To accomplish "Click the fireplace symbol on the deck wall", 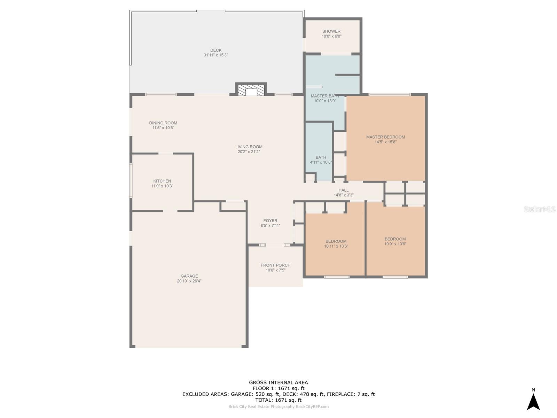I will point(251,90).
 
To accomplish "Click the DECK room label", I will point(216,50).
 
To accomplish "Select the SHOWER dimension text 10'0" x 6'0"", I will point(331,36).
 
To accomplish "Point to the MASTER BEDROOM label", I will point(385,137).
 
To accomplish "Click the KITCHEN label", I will point(162,181).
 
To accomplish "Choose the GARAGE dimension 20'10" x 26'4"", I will point(189,281).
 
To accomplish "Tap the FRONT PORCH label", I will point(275,265).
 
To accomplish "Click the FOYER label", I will point(270,220).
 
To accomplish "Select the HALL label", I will point(343,190).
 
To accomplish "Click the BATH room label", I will point(321,157).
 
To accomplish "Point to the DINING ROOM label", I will point(163,123).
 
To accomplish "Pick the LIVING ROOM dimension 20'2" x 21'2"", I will point(249,152).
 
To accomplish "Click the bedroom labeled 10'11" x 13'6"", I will point(336,243).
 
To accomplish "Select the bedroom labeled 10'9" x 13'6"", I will point(395,241).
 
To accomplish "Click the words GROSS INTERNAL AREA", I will point(278,382).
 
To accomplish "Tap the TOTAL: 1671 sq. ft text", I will point(278,400).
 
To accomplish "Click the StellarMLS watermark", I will point(540,209).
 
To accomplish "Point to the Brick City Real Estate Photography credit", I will point(278,407).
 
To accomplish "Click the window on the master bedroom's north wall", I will point(389,94).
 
